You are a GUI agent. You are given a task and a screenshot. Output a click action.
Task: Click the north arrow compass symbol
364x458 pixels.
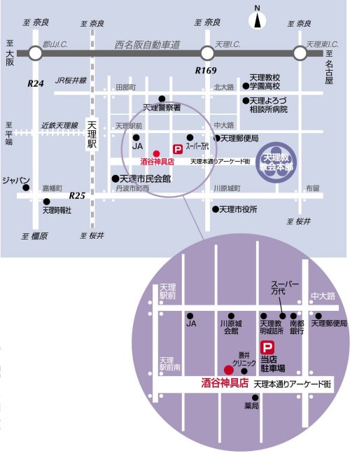[x=258, y=17]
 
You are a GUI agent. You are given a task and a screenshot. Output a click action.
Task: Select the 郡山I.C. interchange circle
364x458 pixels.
[x=36, y=53]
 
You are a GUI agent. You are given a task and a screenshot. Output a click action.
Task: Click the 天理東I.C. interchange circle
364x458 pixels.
[x=301, y=53]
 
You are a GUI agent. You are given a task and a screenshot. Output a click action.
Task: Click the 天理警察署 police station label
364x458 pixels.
[x=162, y=108]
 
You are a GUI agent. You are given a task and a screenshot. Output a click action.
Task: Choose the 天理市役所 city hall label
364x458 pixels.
[x=239, y=209]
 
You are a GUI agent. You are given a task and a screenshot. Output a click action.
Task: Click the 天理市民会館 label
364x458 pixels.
[x=146, y=179]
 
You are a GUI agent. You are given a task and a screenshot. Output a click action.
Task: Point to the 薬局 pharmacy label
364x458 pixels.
[x=251, y=405]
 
